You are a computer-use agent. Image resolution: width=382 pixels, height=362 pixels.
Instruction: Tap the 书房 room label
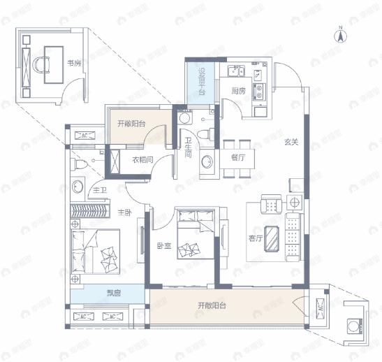[x=75, y=63]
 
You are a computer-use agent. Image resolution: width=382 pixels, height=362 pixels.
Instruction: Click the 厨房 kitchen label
[x=238, y=91]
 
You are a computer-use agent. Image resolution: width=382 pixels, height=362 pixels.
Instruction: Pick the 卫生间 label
[x=189, y=148]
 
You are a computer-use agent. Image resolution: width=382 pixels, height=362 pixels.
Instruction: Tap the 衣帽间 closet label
[x=143, y=159]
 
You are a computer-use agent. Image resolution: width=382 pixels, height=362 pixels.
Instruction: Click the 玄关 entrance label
[x=291, y=142]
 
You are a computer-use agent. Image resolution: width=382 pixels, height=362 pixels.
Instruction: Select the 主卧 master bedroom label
[x=125, y=212]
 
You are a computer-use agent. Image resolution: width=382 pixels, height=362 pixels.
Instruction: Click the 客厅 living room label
[x=255, y=238]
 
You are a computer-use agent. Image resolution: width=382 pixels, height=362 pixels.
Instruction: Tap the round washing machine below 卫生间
[x=207, y=162]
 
